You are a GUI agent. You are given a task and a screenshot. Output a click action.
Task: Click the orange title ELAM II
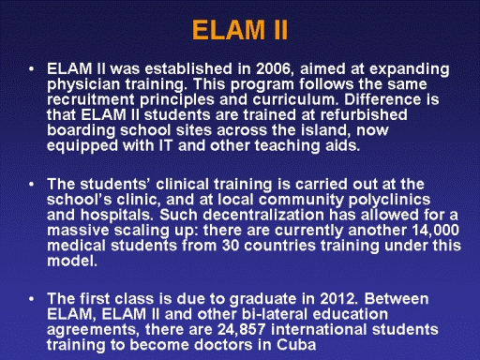(x=240, y=30)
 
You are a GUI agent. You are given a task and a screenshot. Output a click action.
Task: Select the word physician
(x=83, y=85)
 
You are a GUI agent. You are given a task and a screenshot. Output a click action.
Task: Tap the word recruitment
(x=91, y=99)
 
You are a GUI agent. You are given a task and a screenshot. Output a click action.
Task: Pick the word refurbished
(x=364, y=114)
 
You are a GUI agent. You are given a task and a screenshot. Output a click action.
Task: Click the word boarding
(x=81, y=130)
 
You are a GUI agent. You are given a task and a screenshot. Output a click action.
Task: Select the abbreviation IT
(x=166, y=145)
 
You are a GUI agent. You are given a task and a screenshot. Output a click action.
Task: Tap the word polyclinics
(x=389, y=201)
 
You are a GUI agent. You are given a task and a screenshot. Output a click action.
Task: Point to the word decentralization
(x=263, y=215)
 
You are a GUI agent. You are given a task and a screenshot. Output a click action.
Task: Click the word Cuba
(x=296, y=345)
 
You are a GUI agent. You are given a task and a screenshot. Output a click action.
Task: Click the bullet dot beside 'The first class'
(x=31, y=299)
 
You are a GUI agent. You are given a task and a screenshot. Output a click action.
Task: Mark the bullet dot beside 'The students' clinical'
(x=31, y=185)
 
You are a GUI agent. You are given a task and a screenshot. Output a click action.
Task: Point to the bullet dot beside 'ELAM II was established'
(x=31, y=69)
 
